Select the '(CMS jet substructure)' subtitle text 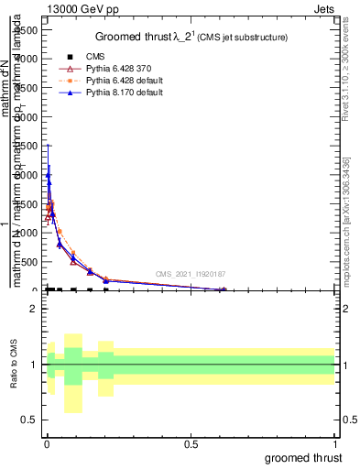tap(238, 38)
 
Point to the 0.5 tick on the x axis tap(191, 444)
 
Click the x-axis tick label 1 tap(335, 444)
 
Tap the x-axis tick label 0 tap(46, 444)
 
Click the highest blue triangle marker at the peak tap(48, 174)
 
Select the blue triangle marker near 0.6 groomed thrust tap(223, 289)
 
